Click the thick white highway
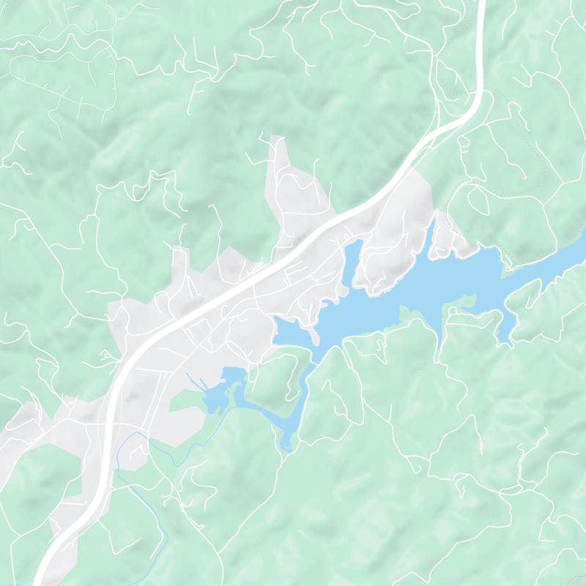220,292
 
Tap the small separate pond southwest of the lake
220,392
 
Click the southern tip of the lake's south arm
286,443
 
